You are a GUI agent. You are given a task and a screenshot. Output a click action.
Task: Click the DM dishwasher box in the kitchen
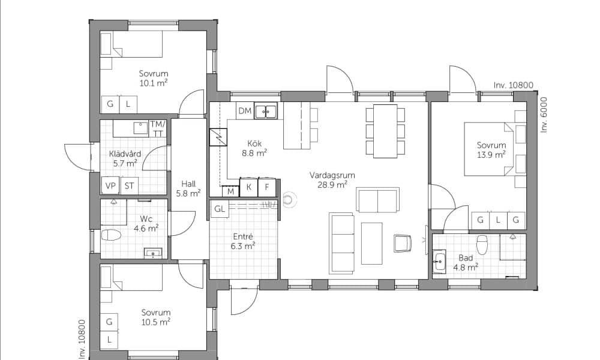[x=245, y=110]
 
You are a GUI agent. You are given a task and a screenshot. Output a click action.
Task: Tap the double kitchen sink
[x=266, y=112]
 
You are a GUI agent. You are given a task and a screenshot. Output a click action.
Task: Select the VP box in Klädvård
[x=110, y=185]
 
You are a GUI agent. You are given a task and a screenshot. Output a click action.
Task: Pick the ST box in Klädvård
[x=130, y=185]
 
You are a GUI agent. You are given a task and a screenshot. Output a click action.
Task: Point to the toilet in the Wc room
[x=111, y=235]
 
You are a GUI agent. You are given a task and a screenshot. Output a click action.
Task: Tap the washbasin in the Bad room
[x=439, y=262]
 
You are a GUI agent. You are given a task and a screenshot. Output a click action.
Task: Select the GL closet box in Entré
[x=220, y=209]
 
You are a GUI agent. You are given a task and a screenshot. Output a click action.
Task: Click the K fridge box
[x=249, y=187]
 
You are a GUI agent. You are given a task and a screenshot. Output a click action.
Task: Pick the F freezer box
[x=267, y=187]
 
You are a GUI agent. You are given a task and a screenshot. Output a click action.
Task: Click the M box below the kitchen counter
[x=231, y=191]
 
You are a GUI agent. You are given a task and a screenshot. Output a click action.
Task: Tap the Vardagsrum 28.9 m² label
[x=332, y=180]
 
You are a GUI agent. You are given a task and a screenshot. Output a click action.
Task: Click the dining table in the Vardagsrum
[x=385, y=131]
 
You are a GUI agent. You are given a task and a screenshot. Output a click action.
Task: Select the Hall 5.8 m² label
[x=188, y=188]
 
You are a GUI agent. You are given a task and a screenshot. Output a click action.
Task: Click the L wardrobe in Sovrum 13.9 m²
[x=498, y=220]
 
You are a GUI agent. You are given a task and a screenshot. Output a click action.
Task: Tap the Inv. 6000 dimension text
[x=544, y=115]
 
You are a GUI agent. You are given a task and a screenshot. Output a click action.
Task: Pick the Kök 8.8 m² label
[x=254, y=148]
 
